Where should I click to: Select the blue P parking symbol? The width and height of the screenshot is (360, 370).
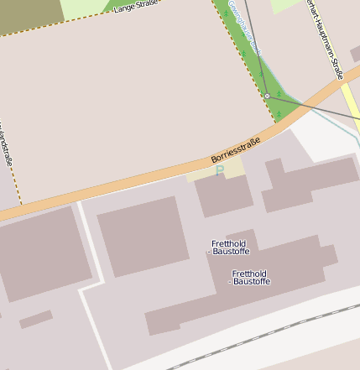pyautogui.click(x=220, y=170)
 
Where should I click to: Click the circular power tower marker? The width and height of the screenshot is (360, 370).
pyautogui.click(x=267, y=96)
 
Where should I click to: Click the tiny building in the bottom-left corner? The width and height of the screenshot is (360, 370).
pyautogui.click(x=35, y=319)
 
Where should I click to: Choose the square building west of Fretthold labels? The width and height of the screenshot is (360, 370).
pyautogui.click(x=142, y=236)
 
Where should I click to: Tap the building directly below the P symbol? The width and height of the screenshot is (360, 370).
pyautogui.click(x=224, y=195)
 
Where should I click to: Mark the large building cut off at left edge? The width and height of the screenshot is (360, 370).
pyautogui.click(x=42, y=252)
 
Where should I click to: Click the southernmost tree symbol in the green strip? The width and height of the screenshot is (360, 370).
pyautogui.click(x=278, y=113)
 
